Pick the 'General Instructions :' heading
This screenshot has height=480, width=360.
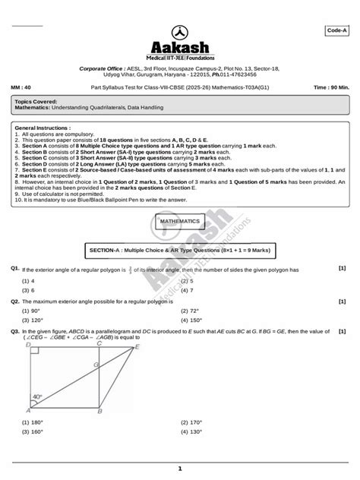click(43, 129)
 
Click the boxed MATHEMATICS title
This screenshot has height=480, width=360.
click(180, 221)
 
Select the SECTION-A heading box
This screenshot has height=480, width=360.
click(180, 249)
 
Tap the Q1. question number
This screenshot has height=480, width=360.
click(15, 269)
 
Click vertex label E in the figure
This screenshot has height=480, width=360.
click(137, 346)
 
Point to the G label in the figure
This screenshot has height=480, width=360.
click(96, 365)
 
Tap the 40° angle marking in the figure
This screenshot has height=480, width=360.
click(37, 396)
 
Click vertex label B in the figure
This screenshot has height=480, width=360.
click(100, 412)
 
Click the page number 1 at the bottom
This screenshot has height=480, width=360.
click(180, 469)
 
